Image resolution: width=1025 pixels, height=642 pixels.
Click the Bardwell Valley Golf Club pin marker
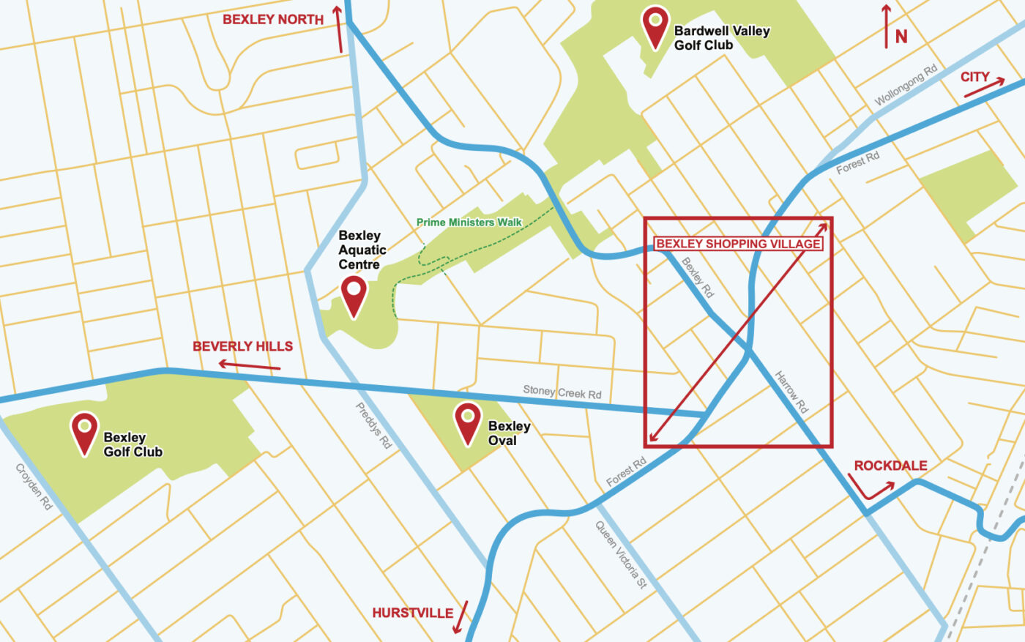pyautogui.click(x=655, y=26)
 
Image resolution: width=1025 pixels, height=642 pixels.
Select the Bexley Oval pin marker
pyautogui.click(x=468, y=422)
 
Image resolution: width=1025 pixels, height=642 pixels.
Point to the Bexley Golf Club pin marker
pyautogui.click(x=84, y=431)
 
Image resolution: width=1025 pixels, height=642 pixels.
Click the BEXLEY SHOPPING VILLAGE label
pyautogui.click(x=738, y=244)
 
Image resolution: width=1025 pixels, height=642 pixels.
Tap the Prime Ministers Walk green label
pyautogui.click(x=469, y=223)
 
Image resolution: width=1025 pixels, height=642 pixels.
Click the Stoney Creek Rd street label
pyautogui.click(x=562, y=392)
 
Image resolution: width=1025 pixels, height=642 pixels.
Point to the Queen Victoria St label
pyautogui.click(x=621, y=554)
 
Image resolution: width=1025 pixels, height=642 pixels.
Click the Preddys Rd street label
pyautogui.click(x=373, y=425)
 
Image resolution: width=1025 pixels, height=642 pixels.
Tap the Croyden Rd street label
pyautogui.click(x=34, y=487)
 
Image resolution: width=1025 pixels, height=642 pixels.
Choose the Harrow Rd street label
pyautogui.click(x=791, y=392)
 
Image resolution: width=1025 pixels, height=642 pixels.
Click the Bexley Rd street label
pyautogui.click(x=697, y=277)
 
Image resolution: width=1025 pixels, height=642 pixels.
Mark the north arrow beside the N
pyautogui.click(x=886, y=26)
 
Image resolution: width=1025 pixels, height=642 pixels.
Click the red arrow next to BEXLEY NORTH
pyautogui.click(x=338, y=29)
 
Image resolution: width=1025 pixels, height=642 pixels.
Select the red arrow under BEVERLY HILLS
pyautogui.click(x=249, y=365)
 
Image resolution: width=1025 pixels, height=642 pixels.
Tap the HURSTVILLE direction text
pyautogui.click(x=412, y=613)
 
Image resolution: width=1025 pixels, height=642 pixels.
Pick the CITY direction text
pyautogui.click(x=974, y=77)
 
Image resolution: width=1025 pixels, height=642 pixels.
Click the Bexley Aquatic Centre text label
pyautogui.click(x=362, y=250)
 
